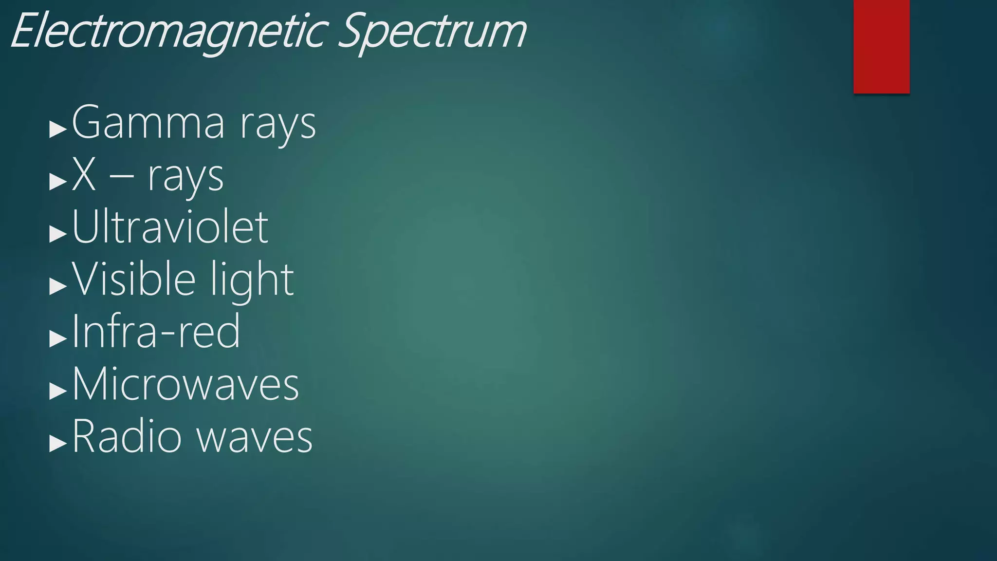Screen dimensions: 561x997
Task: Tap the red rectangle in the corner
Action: point(881,46)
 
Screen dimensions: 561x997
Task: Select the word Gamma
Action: point(148,123)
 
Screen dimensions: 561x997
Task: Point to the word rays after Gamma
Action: point(277,126)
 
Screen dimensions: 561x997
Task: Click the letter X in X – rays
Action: point(83,175)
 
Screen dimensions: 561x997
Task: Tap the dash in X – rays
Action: point(121,177)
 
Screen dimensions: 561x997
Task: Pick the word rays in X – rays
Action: point(185,178)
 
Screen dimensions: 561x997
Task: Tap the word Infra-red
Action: point(156,332)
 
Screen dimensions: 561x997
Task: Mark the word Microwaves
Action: point(185,385)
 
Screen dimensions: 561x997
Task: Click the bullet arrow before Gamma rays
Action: point(58,130)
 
